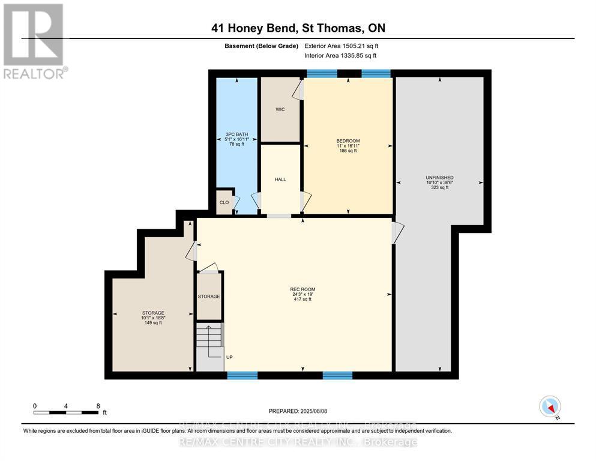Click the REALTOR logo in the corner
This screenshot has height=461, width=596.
pyautogui.click(x=34, y=41)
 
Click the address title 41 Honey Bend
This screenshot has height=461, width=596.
pyautogui.click(x=298, y=28)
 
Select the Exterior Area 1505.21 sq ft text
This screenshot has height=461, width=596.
pyautogui.click(x=342, y=46)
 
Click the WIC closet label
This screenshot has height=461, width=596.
pyautogui.click(x=280, y=109)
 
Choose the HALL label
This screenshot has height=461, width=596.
pyautogui.click(x=280, y=179)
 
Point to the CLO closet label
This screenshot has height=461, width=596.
pyautogui.click(x=224, y=202)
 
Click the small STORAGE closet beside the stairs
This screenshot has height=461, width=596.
pyautogui.click(x=209, y=297)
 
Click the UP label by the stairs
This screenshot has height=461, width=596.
pyautogui.click(x=229, y=357)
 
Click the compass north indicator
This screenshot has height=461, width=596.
pyautogui.click(x=550, y=407)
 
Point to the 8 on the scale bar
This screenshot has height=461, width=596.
pyautogui.click(x=98, y=406)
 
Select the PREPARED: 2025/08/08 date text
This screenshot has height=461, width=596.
pyautogui.click(x=298, y=411)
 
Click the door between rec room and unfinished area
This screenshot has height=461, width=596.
pyautogui.click(x=397, y=233)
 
